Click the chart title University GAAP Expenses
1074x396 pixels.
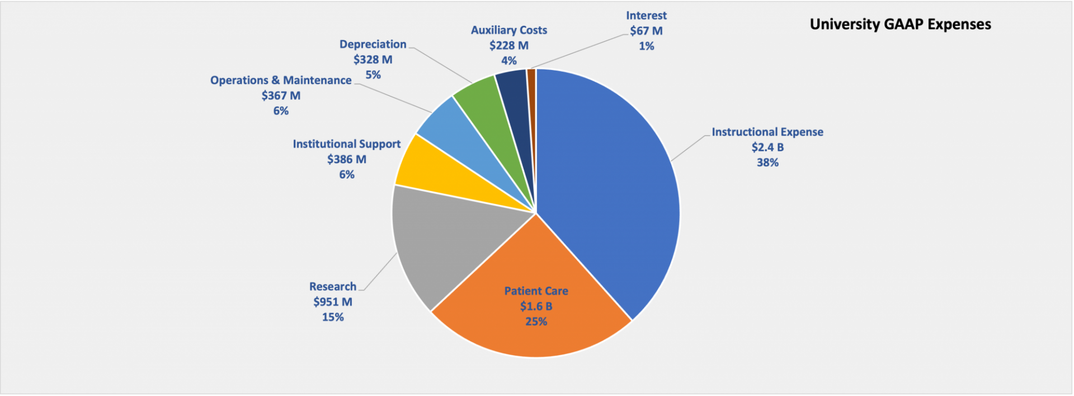pos(900,25)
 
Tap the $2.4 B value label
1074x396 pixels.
pos(767,147)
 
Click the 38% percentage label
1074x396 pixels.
pos(767,162)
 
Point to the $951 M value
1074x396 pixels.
pos(333,302)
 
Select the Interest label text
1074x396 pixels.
pos(646,16)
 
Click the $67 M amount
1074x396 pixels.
pos(646,31)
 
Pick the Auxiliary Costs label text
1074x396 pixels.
pos(509,30)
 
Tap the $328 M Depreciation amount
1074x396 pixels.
pos(373,59)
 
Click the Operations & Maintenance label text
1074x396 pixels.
pos(281,80)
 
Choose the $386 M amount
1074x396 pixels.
pos(347,159)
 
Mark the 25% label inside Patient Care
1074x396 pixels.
pos(536,322)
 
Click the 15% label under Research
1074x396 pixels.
pos(333,317)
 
